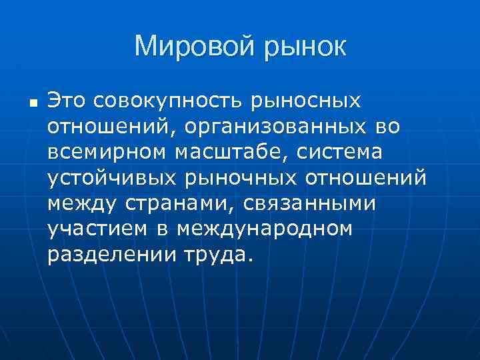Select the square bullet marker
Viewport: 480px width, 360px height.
point(32,104)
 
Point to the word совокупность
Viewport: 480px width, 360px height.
point(170,102)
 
